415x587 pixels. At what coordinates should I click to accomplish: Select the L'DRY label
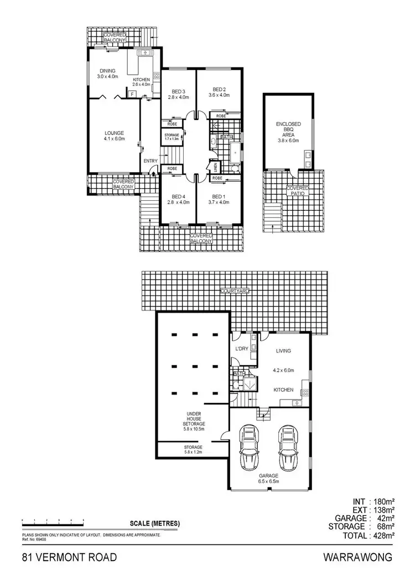click(x=241, y=349)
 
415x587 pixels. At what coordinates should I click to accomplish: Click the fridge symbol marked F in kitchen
click(x=132, y=95)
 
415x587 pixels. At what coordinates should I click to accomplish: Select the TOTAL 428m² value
click(x=381, y=536)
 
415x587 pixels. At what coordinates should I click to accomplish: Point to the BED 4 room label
click(x=178, y=199)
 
